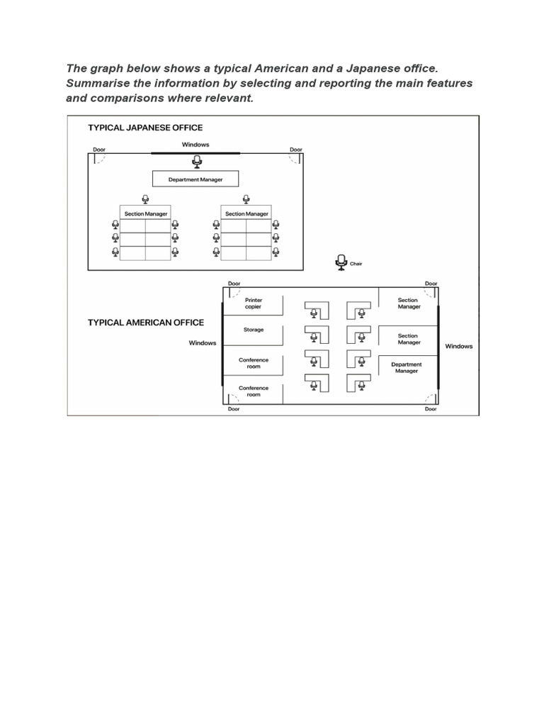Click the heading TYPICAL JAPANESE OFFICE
pyautogui.click(x=145, y=128)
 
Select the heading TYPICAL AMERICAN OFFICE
pyautogui.click(x=145, y=323)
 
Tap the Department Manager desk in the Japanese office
pyautogui.click(x=195, y=179)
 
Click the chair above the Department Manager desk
pyautogui.click(x=196, y=162)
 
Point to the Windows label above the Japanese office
pyautogui.click(x=195, y=145)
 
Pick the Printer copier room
pyautogui.click(x=253, y=303)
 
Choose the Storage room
pyautogui.click(x=253, y=330)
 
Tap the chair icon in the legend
pyautogui.click(x=341, y=262)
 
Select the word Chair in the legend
pyautogui.click(x=356, y=264)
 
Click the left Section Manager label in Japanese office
pyautogui.click(x=146, y=213)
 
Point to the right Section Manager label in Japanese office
pyautogui.click(x=246, y=213)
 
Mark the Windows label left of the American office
pyautogui.click(x=202, y=343)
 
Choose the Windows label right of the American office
pyautogui.click(x=458, y=346)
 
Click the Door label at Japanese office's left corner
pyautogui.click(x=99, y=150)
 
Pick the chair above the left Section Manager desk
pyautogui.click(x=146, y=199)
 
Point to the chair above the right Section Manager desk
pyautogui.click(x=246, y=199)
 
